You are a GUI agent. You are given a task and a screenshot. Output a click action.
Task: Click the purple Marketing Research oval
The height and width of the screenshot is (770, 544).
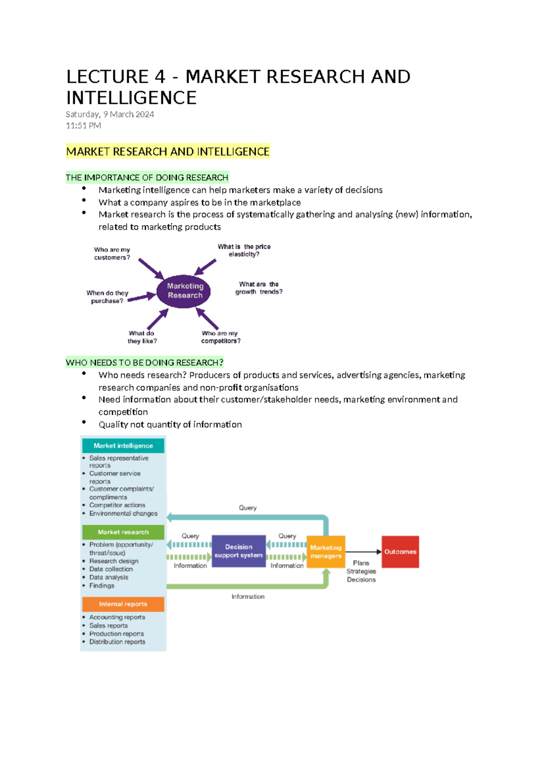(185, 291)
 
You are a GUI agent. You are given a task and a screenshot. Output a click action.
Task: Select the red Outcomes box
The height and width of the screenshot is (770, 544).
(400, 552)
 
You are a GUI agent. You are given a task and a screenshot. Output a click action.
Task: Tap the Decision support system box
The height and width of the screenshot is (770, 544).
(238, 551)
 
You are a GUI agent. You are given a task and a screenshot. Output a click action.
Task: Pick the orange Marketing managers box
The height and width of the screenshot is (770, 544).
(325, 552)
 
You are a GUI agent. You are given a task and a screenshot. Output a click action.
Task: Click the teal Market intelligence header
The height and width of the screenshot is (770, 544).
(123, 446)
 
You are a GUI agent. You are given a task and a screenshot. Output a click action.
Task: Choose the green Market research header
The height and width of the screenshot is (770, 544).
(123, 532)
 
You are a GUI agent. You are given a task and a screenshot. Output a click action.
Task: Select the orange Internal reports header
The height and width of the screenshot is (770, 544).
(123, 604)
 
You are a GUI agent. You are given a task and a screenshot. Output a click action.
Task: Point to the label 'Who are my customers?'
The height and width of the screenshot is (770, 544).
(112, 253)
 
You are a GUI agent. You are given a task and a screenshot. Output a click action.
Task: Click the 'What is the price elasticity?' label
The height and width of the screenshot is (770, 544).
(244, 250)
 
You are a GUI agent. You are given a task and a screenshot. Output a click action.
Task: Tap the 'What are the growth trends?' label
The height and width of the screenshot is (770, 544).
(258, 288)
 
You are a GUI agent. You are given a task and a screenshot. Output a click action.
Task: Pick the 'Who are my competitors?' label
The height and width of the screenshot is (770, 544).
(220, 337)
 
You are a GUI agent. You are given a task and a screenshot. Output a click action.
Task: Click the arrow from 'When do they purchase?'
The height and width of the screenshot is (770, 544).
(141, 297)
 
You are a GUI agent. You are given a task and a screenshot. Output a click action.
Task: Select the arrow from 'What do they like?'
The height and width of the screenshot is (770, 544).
(157, 319)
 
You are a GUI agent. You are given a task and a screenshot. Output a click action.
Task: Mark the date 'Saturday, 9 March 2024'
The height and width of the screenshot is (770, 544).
(110, 114)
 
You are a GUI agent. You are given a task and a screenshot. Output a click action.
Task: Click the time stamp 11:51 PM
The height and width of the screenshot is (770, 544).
(83, 126)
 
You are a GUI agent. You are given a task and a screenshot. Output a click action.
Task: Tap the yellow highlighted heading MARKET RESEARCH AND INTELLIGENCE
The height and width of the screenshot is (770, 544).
(168, 152)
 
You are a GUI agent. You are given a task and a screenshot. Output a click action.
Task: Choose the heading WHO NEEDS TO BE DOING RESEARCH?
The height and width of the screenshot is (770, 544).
(145, 363)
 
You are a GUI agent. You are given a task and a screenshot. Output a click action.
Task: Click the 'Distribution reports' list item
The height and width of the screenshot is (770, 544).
(117, 642)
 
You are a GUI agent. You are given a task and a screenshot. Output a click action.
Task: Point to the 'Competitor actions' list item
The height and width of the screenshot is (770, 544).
(117, 505)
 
